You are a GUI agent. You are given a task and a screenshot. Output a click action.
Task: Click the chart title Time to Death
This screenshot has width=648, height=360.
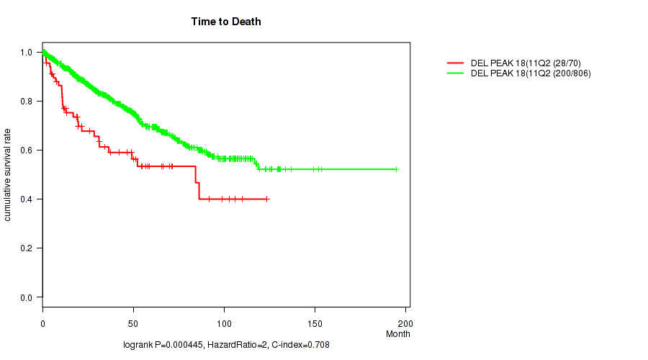pos(226,22)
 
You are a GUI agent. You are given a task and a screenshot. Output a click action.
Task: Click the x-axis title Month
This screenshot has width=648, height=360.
pos(397,334)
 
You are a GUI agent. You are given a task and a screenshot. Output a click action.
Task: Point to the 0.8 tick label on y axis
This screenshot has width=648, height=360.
pos(27,102)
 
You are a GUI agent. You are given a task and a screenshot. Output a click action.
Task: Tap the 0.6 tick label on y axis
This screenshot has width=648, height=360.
pos(27,150)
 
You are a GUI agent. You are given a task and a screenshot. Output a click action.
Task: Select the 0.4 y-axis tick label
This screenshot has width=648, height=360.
pos(27,199)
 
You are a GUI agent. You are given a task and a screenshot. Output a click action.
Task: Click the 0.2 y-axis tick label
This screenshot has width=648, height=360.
pos(27,248)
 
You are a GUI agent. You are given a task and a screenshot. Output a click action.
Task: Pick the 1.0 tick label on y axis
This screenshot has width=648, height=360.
pos(27,53)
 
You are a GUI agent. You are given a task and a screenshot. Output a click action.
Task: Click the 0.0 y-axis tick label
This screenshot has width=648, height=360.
pos(27,297)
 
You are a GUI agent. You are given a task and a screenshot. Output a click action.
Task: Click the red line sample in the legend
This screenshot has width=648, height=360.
pos(456,63)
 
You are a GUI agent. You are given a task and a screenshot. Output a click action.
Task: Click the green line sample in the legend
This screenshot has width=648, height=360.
pos(456,73)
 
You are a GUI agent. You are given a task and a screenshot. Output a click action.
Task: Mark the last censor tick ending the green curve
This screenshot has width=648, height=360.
pos(396,169)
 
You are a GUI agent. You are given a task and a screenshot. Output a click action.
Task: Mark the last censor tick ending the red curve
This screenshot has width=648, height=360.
pos(267,199)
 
